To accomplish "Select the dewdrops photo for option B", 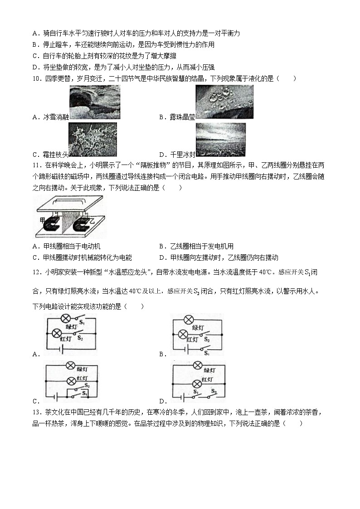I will (x=224, y=102).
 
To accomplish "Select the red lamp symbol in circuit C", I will (x=71, y=381).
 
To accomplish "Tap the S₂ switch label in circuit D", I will (x=214, y=391).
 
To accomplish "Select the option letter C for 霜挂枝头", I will (x=36, y=154).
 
